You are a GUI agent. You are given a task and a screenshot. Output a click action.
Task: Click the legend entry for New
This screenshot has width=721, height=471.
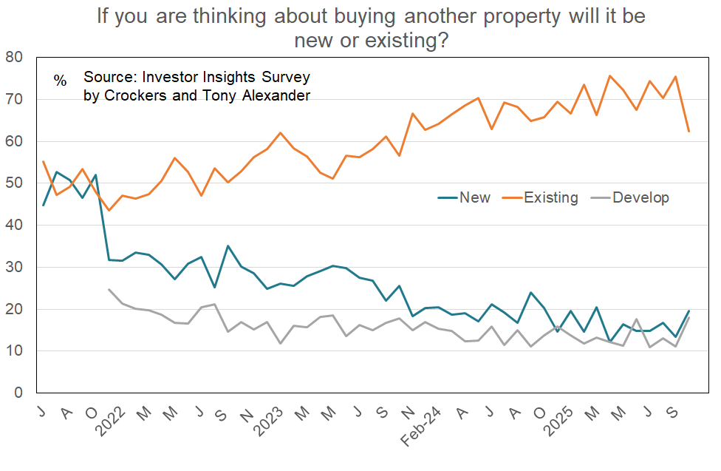point(474,197)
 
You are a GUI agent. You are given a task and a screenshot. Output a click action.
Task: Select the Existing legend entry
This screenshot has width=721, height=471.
point(550,197)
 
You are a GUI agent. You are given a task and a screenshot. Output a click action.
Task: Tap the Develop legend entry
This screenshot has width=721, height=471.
point(640,197)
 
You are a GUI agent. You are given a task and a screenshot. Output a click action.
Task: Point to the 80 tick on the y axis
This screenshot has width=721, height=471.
point(14,57)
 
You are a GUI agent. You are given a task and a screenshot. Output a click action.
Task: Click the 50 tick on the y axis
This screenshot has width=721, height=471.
point(14,183)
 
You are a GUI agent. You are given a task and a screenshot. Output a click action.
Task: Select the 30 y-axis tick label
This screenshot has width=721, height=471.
point(14,267)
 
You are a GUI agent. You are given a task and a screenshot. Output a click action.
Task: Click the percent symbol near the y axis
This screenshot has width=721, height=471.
point(60,80)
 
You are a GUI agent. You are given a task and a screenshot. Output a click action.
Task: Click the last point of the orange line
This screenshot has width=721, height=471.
point(688,132)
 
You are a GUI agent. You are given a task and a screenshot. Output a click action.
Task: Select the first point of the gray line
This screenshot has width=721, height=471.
point(109,289)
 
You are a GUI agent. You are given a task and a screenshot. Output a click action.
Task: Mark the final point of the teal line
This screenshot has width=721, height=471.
point(688,311)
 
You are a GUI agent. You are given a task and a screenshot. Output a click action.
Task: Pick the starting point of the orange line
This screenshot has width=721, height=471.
point(44,161)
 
